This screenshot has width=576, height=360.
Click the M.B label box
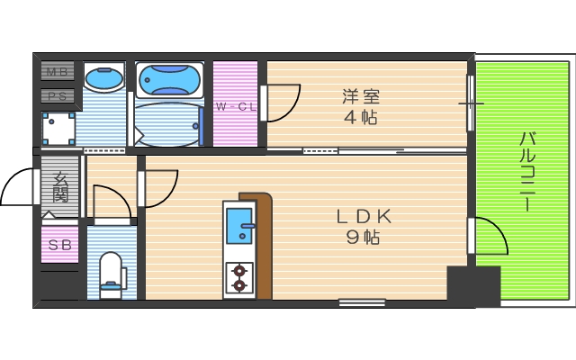click(x=58, y=71)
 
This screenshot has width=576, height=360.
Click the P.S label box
click(x=58, y=94)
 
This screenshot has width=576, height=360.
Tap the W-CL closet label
click(x=236, y=107)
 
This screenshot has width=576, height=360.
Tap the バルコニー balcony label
click(x=529, y=172)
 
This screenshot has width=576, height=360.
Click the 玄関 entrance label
click(x=60, y=186)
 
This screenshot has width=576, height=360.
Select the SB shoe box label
click(x=58, y=245)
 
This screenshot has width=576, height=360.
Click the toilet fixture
click(x=112, y=274)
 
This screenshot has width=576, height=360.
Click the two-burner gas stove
click(x=239, y=277)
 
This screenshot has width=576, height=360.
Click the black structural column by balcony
click(x=472, y=286)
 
